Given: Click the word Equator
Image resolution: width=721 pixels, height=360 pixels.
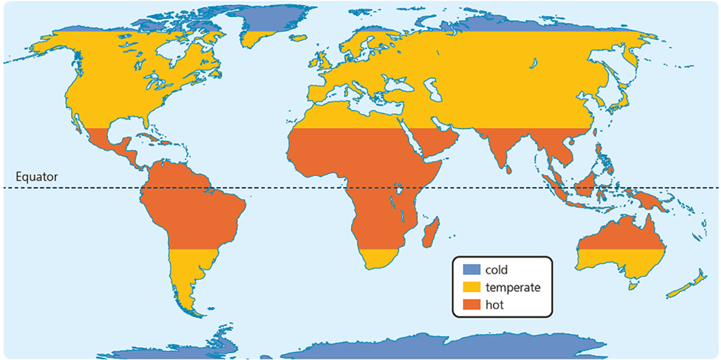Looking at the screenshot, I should tap(37, 177).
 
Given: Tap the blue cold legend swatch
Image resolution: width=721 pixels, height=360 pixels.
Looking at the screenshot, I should tap(471, 270).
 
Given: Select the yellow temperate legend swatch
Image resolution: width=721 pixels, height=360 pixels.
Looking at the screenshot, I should tap(471, 287).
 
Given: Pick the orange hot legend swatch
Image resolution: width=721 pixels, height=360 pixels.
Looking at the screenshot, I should tap(471, 305).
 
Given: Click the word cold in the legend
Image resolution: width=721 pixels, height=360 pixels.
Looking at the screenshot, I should tap(496, 270).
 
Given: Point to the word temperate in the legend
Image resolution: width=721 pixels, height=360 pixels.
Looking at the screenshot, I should tap(512, 288).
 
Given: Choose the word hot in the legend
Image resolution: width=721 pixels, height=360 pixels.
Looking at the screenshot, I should tap(494, 305).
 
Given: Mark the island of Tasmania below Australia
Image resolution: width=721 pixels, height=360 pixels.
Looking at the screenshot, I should tap(632, 286).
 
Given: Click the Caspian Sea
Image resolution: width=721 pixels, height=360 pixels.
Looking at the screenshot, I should tap(435, 90).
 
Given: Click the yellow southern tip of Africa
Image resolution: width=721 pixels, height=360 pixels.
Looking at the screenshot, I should tap(378, 257).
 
